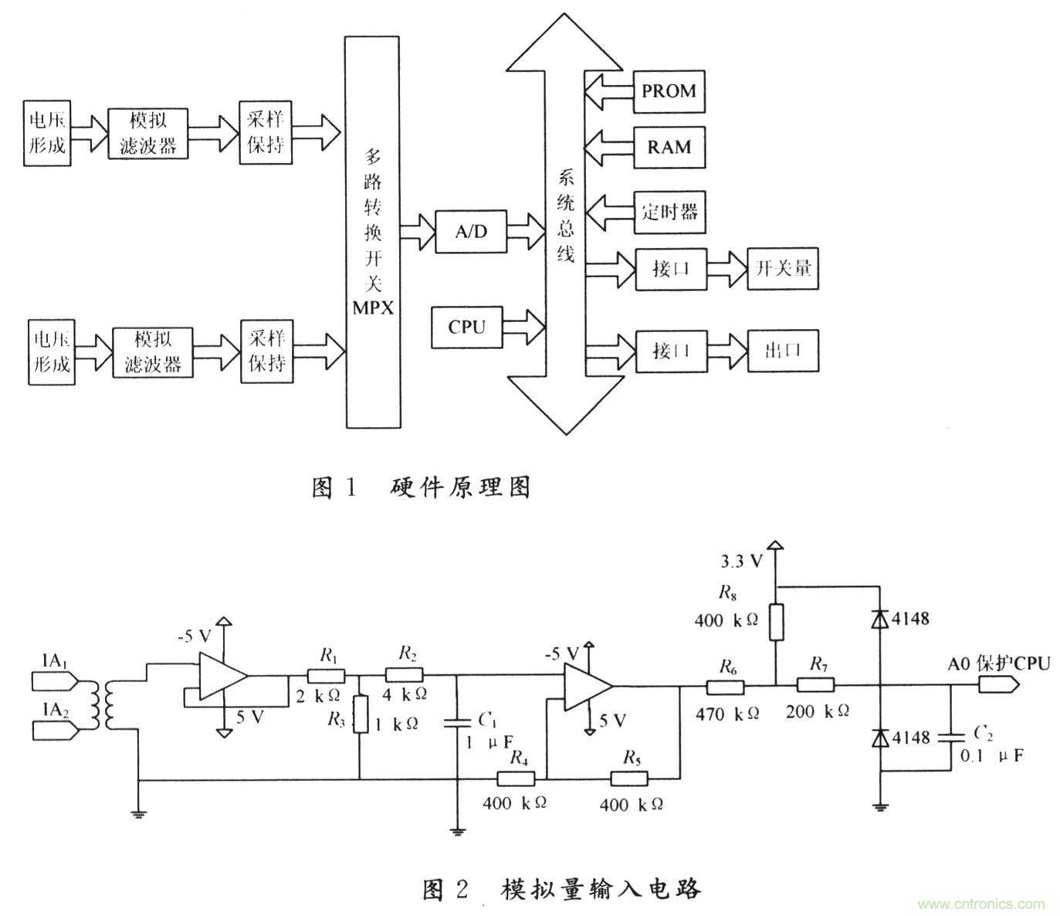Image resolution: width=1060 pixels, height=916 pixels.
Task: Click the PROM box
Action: [x=669, y=91]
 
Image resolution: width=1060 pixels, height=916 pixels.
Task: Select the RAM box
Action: [x=669, y=148]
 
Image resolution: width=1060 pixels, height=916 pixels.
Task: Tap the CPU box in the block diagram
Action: [x=467, y=327]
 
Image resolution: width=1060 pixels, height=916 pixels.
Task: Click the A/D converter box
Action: [x=472, y=230]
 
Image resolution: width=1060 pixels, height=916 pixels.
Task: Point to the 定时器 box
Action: [x=669, y=211]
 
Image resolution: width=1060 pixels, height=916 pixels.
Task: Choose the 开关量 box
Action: [x=783, y=269]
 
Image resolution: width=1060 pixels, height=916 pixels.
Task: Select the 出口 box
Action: [x=783, y=351]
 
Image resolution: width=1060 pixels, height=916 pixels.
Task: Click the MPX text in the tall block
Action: [x=373, y=308]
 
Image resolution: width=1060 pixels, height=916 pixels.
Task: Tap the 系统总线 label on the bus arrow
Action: [x=566, y=216]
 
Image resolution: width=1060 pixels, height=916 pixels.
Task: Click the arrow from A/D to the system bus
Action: [x=528, y=230]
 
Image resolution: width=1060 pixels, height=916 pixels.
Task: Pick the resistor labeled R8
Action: [x=777, y=623]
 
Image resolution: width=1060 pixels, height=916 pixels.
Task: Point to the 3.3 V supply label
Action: [x=741, y=561]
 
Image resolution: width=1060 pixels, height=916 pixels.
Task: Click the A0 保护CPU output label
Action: [x=998, y=663]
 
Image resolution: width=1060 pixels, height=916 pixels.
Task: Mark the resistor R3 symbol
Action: [x=360, y=714]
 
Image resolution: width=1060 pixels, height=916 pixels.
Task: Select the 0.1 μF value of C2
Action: [x=991, y=755]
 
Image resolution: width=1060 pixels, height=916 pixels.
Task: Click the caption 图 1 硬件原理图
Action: [x=422, y=487]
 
